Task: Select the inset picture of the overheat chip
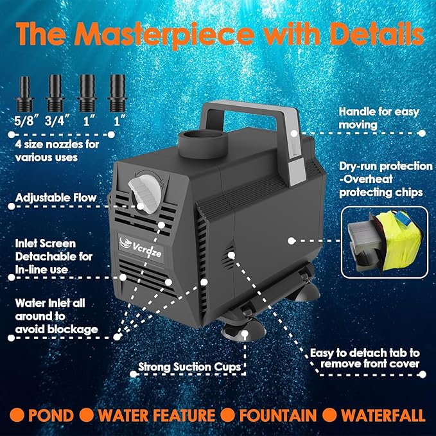[x=384, y=240]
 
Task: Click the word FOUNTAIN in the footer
[x=278, y=415]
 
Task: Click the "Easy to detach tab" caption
[x=366, y=358]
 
